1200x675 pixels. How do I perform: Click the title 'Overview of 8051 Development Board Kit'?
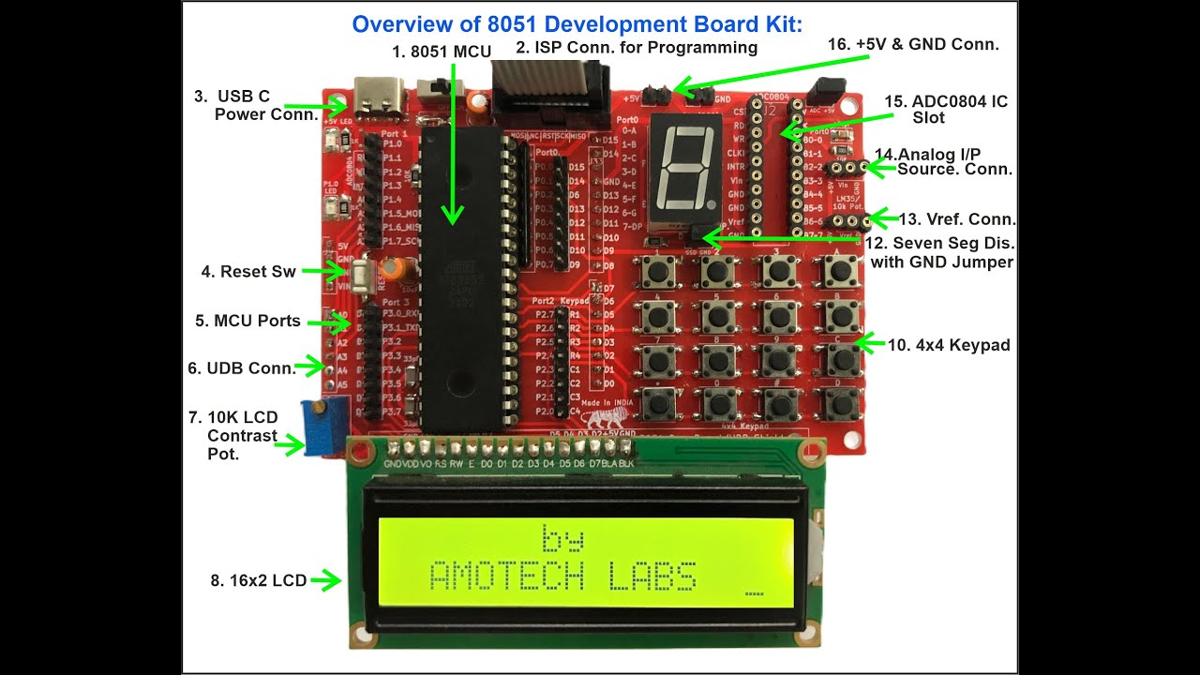[x=577, y=24]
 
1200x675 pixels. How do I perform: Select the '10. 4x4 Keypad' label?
[x=949, y=345]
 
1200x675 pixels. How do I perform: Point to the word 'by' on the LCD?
[x=562, y=538]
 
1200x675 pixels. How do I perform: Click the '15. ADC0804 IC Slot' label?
[x=946, y=109]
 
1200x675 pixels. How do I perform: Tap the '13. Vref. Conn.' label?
[x=956, y=219]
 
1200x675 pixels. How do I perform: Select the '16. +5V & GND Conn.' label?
[x=913, y=44]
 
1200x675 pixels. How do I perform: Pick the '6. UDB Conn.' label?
[x=241, y=368]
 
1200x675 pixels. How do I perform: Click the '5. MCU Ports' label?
[x=247, y=321]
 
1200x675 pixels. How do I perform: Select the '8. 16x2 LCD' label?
[x=258, y=580]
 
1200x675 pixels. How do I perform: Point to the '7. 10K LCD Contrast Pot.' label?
[x=241, y=435]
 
